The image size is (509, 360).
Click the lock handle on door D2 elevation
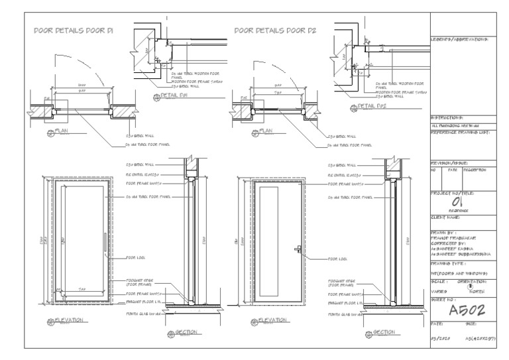(299, 249)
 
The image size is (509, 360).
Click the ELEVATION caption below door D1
(69, 320)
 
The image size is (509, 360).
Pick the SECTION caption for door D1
(186, 331)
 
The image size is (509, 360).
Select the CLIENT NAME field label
(445, 217)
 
